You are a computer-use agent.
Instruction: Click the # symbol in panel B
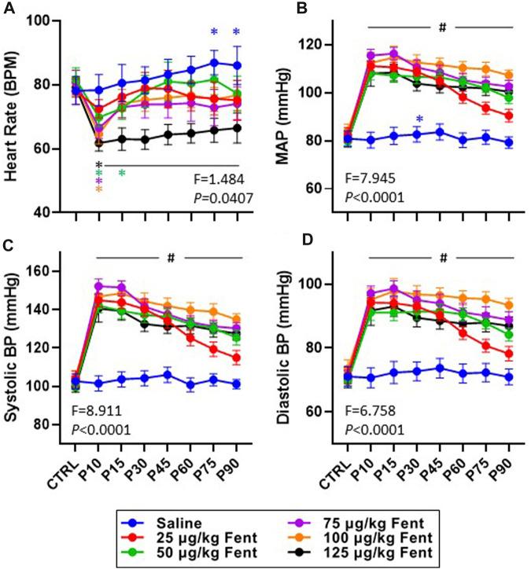click(443, 28)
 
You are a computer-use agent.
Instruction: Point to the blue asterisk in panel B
click(420, 120)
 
